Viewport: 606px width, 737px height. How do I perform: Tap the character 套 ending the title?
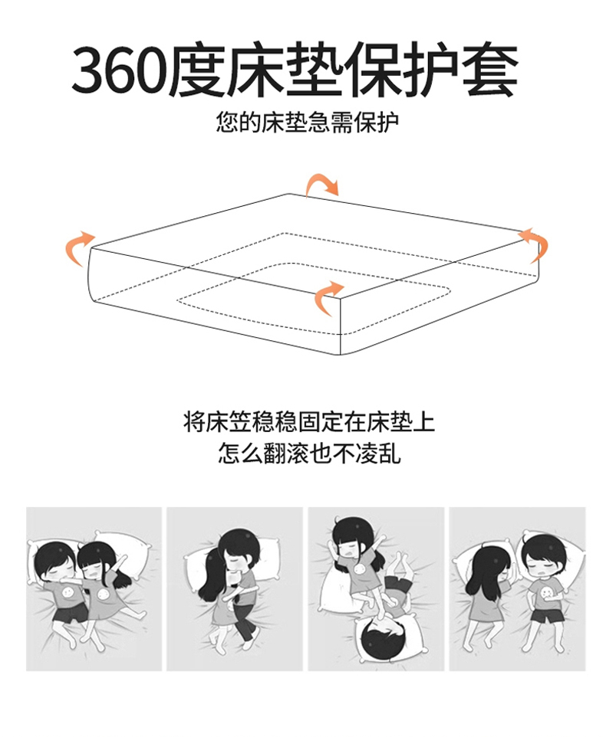(490, 70)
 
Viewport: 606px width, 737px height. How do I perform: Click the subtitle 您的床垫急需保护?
(308, 123)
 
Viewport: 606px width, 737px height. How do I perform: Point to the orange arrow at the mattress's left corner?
(79, 247)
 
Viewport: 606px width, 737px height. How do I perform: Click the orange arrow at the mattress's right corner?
(534, 244)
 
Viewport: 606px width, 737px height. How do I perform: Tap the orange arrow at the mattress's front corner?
(328, 297)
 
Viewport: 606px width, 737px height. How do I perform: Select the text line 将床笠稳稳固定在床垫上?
(309, 422)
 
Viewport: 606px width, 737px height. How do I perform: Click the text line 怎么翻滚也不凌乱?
(309, 454)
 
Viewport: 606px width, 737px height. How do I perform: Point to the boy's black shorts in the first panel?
(70, 614)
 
